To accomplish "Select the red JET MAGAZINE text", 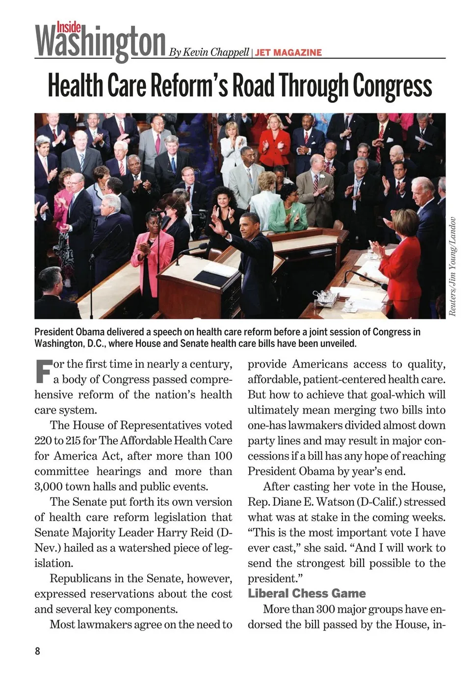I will (288, 52).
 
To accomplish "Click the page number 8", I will (37, 651).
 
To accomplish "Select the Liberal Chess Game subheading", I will (307, 593).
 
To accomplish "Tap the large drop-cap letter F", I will (43, 371).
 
